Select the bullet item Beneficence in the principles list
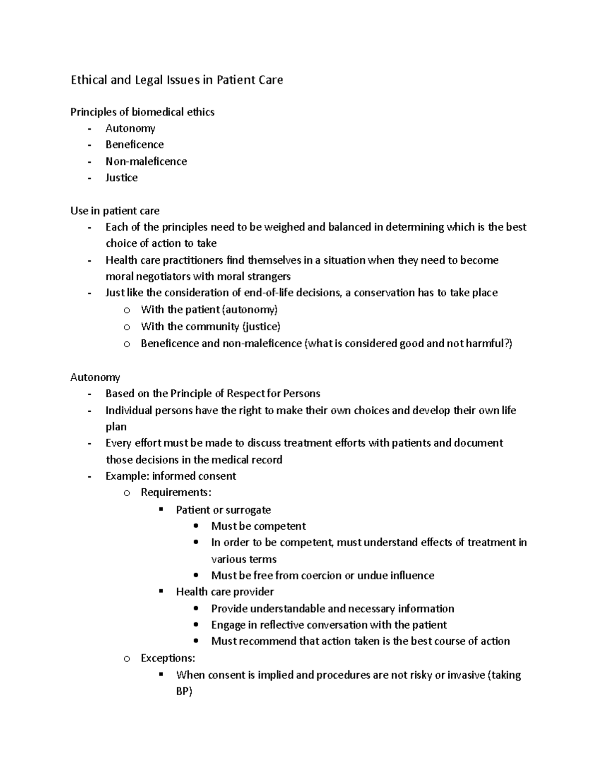coord(134,144)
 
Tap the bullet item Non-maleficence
coord(146,161)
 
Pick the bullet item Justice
coord(121,178)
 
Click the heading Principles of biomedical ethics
coord(142,112)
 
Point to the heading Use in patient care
coord(115,211)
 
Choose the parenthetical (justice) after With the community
coord(261,327)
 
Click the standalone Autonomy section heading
coord(95,377)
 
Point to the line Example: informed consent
coord(171,476)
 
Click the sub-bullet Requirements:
coord(176,493)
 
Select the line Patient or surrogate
coord(223,510)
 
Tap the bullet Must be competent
coord(258,526)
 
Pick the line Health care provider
coord(225,592)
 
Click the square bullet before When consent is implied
coord(161,674)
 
